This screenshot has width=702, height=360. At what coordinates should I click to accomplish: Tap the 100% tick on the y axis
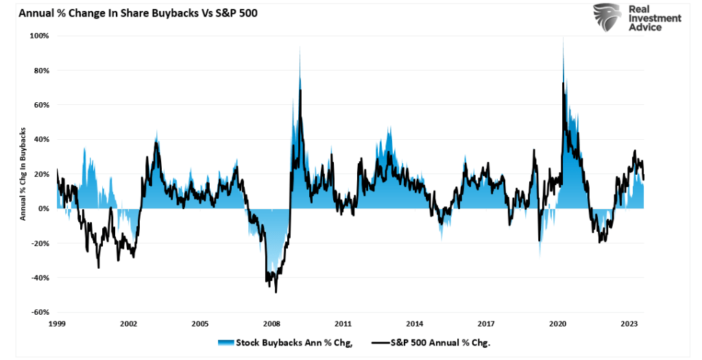[x=39, y=36]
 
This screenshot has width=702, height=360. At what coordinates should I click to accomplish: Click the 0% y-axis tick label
[x=43, y=208]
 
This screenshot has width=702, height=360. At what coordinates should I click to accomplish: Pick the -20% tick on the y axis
[x=40, y=243]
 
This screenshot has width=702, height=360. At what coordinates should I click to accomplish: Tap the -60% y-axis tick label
[x=40, y=312]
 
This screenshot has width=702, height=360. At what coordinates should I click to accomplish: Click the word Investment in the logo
[x=655, y=19]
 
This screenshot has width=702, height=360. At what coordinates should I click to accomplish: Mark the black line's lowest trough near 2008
[x=276, y=292]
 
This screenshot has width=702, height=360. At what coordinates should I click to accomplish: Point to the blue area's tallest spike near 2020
[x=563, y=38]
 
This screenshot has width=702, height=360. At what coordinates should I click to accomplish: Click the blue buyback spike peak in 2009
[x=300, y=47]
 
